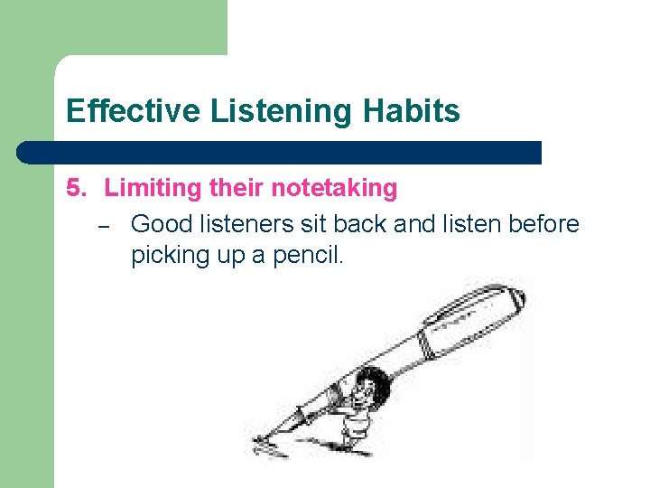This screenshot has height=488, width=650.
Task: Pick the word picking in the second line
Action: (169, 255)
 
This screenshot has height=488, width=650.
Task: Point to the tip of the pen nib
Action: (256, 441)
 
